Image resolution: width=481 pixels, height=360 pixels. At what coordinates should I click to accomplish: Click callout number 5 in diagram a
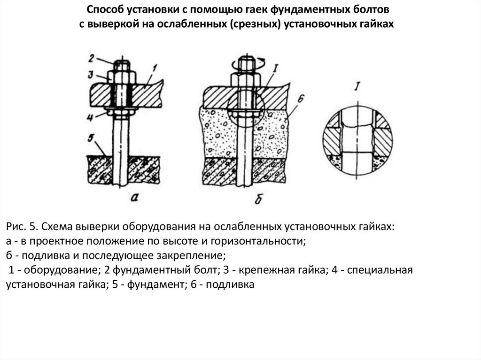93,138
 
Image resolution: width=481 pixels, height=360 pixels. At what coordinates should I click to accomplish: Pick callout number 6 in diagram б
301,99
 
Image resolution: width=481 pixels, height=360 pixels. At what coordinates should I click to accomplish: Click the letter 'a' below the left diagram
135,198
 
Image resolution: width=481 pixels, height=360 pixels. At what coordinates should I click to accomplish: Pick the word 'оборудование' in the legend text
67,271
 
